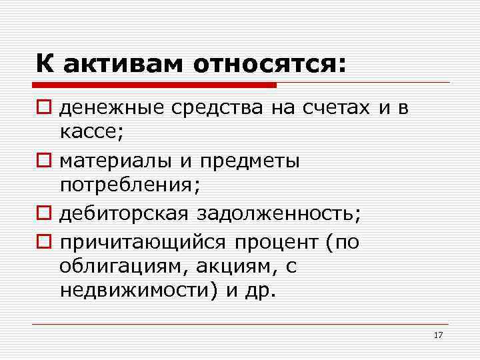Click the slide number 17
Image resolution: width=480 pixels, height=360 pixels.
pyautogui.click(x=438, y=335)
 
